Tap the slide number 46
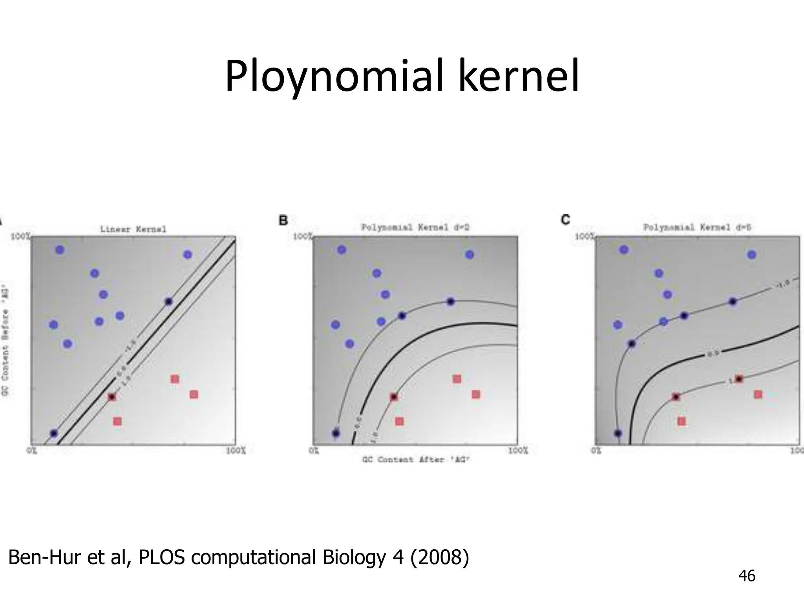(747, 576)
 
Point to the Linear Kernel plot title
(133, 229)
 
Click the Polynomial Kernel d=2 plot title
(415, 227)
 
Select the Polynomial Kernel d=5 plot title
(697, 227)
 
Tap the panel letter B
(283, 221)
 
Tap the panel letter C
(565, 220)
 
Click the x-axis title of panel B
(416, 459)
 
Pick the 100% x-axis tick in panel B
(518, 450)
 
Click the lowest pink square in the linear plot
(117, 421)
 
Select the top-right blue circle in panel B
(470, 255)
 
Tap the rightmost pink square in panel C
(758, 394)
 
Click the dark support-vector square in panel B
(394, 397)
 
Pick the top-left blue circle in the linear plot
(60, 250)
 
